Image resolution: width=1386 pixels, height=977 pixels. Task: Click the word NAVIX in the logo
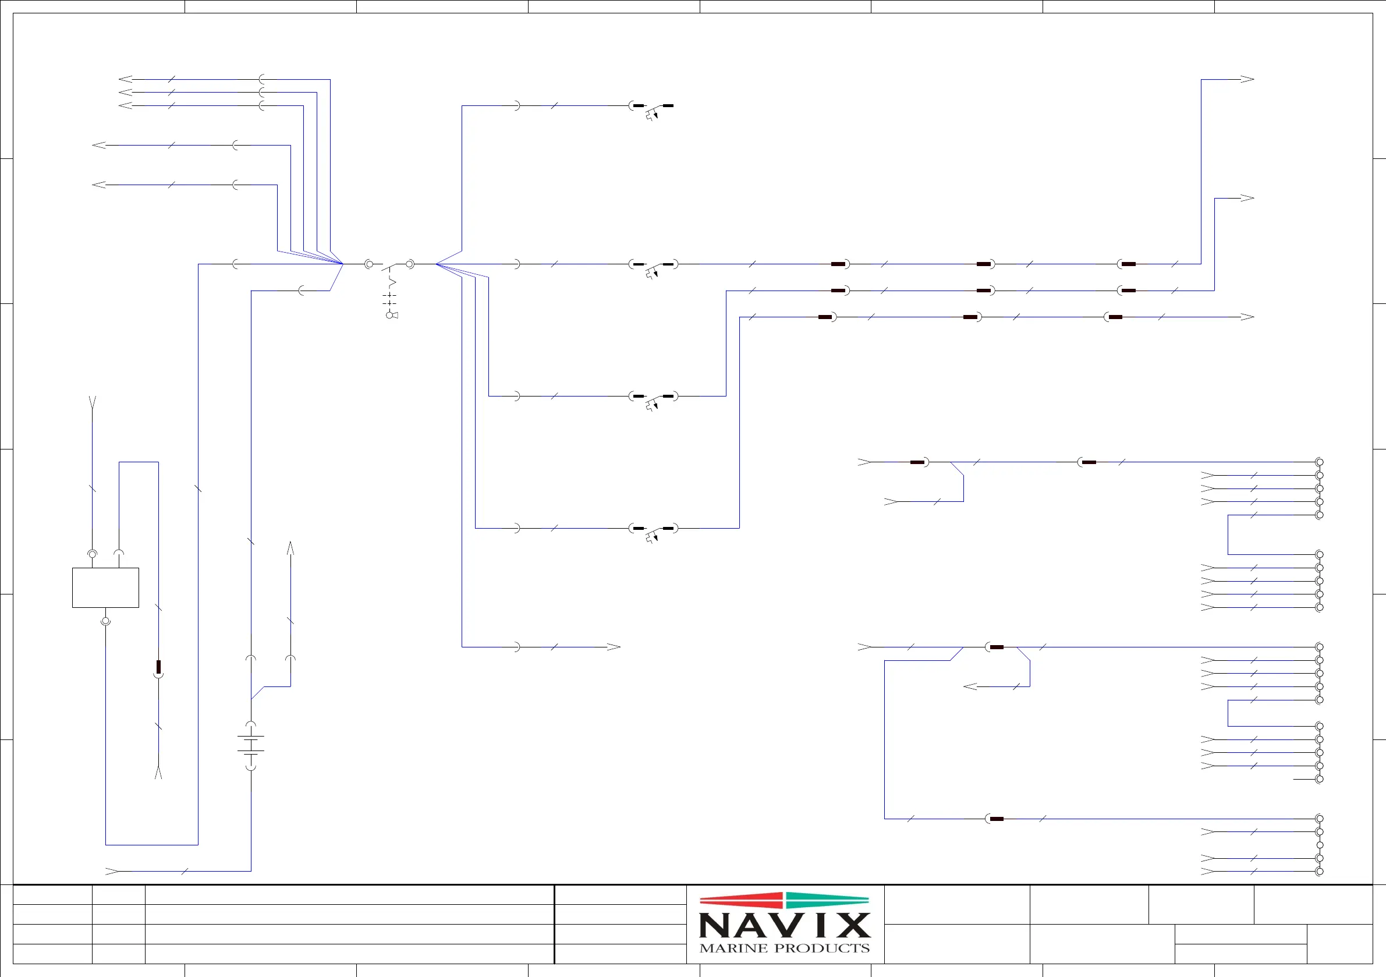pos(784,925)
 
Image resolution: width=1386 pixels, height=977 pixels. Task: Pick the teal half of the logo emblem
pos(827,900)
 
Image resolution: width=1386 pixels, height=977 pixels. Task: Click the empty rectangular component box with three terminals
pos(105,587)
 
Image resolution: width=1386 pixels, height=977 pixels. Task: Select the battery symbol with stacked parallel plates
pos(251,745)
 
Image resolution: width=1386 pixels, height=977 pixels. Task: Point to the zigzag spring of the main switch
pos(392,282)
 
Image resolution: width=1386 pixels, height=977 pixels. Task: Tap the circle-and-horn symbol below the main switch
pos(392,314)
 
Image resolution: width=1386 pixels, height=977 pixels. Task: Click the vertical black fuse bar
pos(159,667)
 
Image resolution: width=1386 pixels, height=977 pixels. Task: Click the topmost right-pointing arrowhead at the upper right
pos(1247,79)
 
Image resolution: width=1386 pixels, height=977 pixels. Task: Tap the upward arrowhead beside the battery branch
pos(290,548)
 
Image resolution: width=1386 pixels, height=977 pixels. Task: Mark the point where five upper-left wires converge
pos(342,263)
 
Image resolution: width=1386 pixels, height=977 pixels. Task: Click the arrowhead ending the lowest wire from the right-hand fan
pos(614,647)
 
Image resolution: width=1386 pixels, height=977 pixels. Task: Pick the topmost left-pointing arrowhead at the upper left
pos(126,79)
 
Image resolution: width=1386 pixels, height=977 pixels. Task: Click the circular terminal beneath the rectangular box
pos(105,621)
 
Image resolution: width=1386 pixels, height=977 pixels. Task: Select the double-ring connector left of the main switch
pos(369,264)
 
